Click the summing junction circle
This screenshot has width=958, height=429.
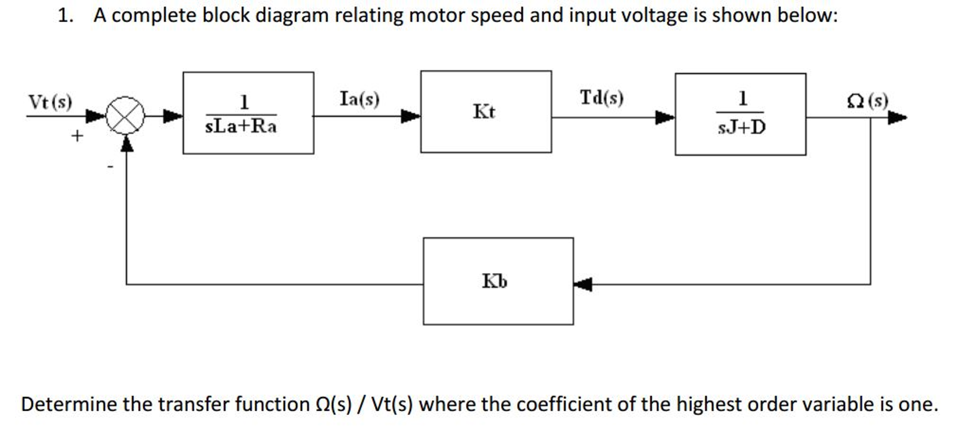coord(125,115)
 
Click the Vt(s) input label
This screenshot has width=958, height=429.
coord(50,102)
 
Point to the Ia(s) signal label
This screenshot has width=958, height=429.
coord(359,99)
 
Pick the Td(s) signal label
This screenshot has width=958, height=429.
coord(602,98)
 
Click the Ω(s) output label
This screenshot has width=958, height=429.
coord(867,101)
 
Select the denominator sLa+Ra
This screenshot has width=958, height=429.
coord(241,126)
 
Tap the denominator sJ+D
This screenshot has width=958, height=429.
coord(742,127)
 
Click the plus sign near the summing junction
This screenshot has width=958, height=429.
coord(77,136)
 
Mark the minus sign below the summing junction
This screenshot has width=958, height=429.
coord(110,166)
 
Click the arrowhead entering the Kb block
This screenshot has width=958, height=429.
coord(583,284)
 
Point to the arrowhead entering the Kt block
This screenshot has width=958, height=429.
coord(410,116)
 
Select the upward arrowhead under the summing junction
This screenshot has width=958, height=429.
coord(126,143)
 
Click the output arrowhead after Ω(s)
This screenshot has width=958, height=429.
coord(897,117)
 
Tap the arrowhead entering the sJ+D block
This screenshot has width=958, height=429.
coord(664,117)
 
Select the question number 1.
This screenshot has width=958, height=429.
coord(65,15)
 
